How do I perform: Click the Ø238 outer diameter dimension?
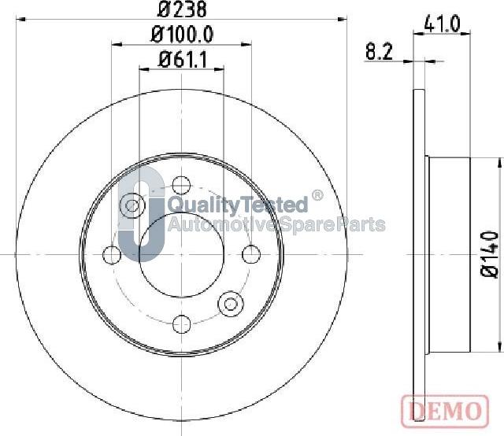click(x=182, y=11)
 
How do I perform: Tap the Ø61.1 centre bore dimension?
click(x=182, y=58)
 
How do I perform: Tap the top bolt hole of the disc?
click(x=182, y=186)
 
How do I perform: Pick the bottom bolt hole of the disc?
click(x=182, y=322)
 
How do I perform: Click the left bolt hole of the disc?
click(x=113, y=254)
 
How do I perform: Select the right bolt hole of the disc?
click(x=251, y=254)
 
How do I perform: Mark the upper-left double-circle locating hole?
click(x=132, y=206)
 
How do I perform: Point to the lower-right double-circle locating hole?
click(x=231, y=302)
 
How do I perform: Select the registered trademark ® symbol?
click(x=317, y=196)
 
